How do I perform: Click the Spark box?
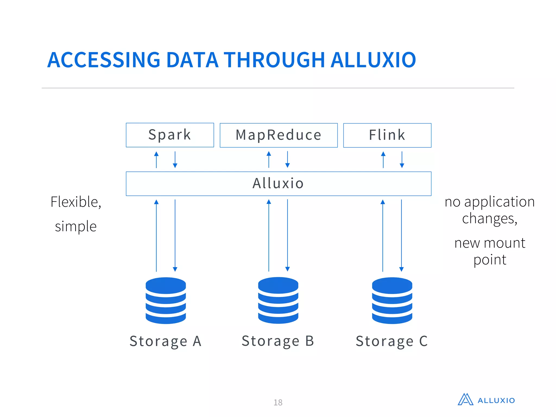[170, 135]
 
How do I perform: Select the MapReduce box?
[279, 135]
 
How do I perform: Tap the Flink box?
[387, 135]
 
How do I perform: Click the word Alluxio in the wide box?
[278, 183]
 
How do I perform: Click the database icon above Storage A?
[166, 300]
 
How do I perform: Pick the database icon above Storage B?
[278, 300]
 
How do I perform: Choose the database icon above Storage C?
[392, 300]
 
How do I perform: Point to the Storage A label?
[166, 341]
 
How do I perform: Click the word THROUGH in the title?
[274, 60]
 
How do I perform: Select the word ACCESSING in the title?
[104, 60]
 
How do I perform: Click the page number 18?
[278, 402]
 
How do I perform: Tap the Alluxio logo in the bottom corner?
[486, 400]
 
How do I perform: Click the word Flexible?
[76, 202]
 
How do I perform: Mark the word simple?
[76, 226]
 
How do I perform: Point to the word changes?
[489, 219]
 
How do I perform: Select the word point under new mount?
[490, 260]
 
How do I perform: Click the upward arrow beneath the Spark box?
[156, 160]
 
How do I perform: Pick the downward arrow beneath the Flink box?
[402, 160]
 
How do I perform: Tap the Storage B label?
[278, 341]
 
